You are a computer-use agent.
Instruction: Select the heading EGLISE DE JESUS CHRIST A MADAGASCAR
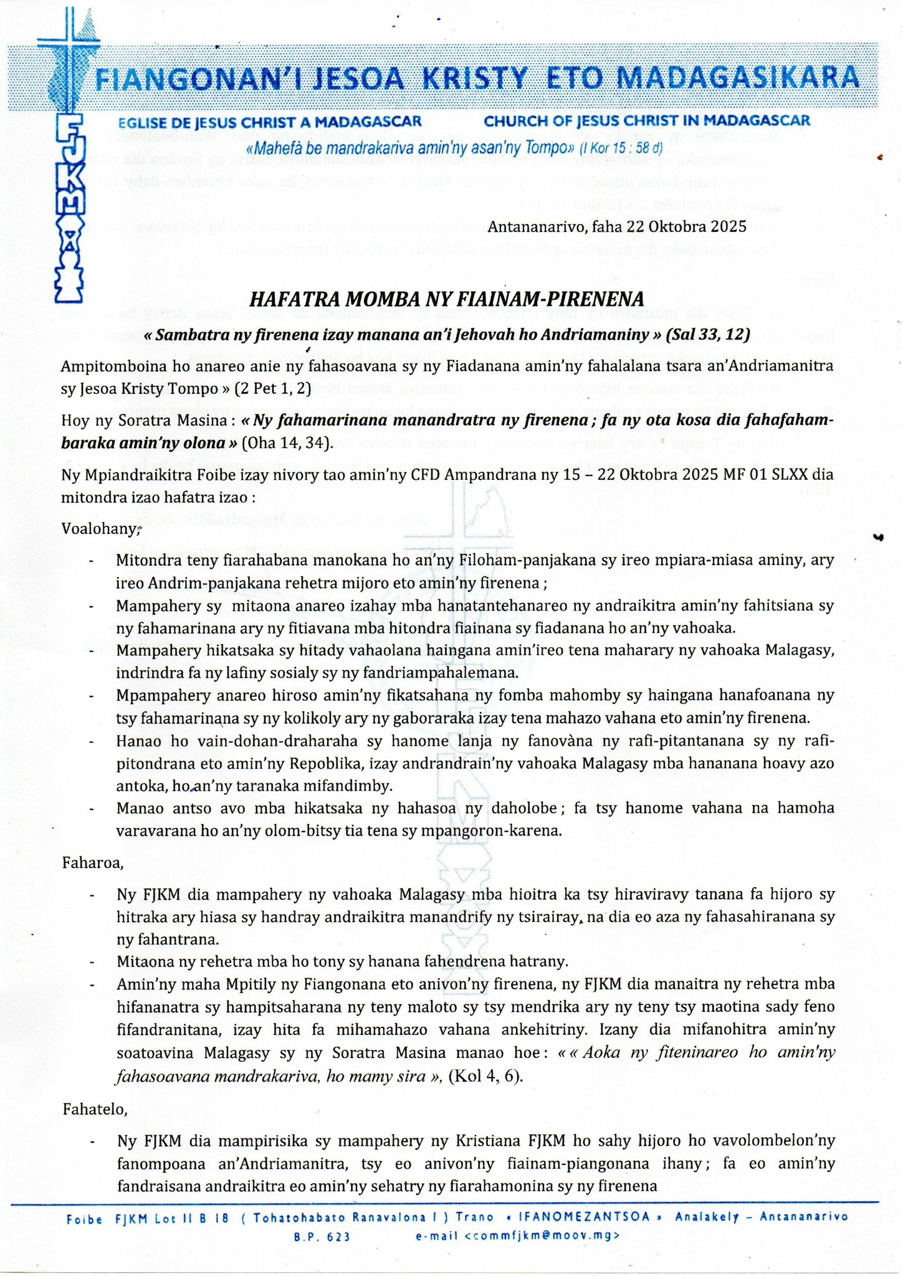[270, 121]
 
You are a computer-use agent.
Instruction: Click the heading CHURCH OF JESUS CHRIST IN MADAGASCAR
[647, 120]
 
